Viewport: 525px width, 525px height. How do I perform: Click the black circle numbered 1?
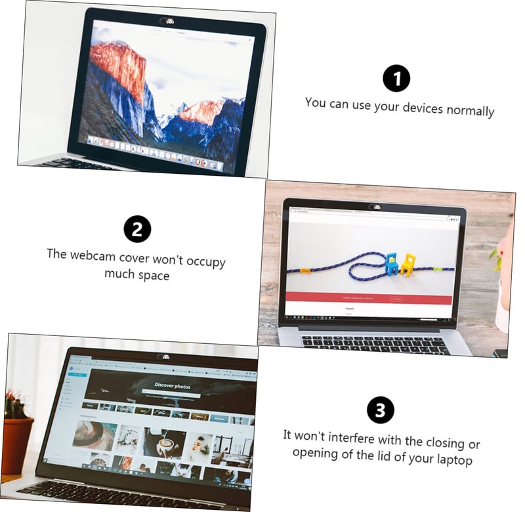[396, 79]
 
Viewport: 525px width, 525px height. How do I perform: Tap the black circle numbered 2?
[137, 229]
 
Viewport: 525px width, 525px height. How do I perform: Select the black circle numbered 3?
[381, 411]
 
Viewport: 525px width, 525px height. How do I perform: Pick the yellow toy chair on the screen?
[408, 263]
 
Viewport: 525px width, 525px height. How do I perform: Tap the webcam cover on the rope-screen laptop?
[377, 207]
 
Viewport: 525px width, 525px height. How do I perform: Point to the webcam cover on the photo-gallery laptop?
[164, 356]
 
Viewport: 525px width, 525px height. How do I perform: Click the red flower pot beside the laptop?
[16, 443]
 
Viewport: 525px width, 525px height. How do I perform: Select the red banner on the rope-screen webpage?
[367, 299]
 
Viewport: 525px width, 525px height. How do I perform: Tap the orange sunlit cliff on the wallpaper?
[118, 66]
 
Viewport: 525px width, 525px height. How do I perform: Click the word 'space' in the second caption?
[153, 276]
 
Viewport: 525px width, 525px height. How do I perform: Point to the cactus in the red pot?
[14, 405]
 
